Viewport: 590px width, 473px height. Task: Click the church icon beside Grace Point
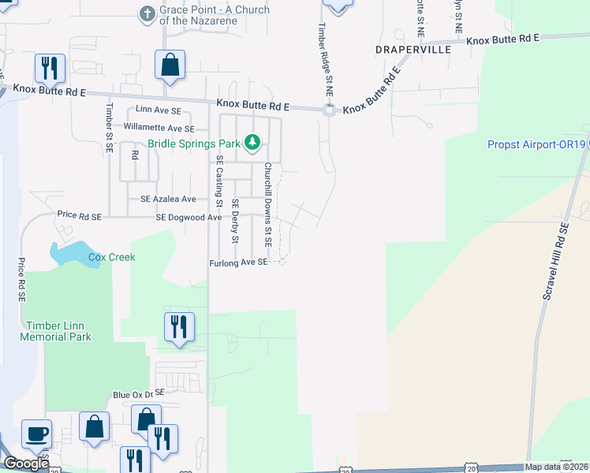coord(147,13)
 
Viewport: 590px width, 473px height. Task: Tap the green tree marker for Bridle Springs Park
coord(252,143)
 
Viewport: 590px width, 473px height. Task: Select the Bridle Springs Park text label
coord(192,144)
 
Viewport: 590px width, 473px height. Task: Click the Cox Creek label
coord(111,257)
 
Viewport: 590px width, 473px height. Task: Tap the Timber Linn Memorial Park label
coord(58,331)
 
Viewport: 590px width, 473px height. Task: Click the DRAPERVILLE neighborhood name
coord(413,49)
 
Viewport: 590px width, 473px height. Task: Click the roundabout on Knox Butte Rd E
coord(330,110)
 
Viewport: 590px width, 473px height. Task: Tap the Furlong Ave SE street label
coord(239,263)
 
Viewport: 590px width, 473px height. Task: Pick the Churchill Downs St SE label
coord(268,204)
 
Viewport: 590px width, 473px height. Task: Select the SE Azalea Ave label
coord(168,199)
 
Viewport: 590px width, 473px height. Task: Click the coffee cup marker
coord(36,433)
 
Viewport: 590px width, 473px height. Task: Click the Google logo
coord(26,464)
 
